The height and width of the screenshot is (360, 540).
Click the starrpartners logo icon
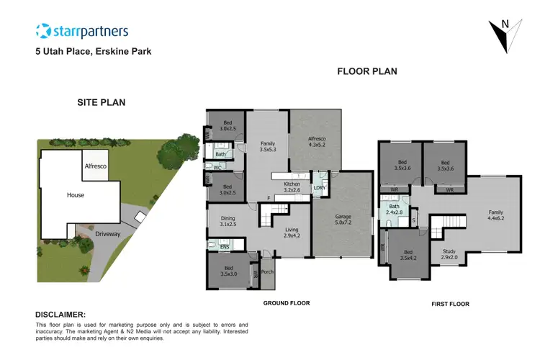point(43,31)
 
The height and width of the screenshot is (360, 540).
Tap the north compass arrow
point(504,34)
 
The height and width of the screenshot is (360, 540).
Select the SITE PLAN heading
point(102,102)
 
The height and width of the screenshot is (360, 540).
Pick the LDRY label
point(319,189)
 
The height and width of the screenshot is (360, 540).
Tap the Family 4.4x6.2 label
point(496,215)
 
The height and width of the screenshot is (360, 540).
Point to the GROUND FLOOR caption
point(287,303)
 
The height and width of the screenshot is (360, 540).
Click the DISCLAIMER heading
point(60,315)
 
